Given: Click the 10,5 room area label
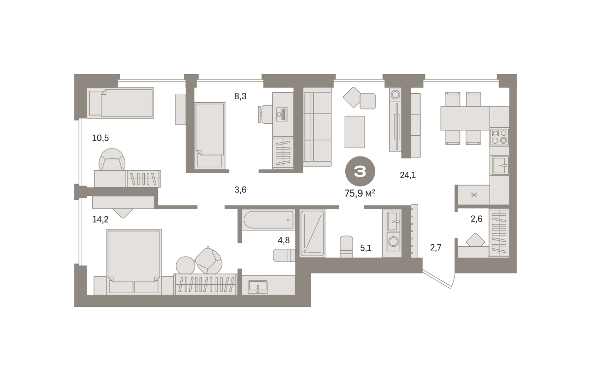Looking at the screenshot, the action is (100, 138).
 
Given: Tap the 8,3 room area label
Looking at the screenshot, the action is (240, 96).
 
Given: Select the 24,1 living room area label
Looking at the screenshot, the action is (408, 175).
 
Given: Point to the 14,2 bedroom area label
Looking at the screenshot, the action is (100, 219).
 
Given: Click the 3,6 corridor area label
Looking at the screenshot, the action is (240, 190).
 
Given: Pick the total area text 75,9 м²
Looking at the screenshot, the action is (360, 193).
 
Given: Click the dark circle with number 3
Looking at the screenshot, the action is (360, 171).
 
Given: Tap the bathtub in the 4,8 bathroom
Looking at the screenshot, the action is (268, 220).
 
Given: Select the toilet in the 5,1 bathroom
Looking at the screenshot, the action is (346, 246).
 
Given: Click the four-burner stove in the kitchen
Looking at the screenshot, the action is (499, 137).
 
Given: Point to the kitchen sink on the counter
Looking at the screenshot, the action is (499, 165).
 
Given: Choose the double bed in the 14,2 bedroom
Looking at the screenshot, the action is (134, 262).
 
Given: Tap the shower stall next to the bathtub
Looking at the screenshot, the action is (312, 233).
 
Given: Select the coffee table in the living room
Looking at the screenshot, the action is (355, 132).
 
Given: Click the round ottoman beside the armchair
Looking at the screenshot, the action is (185, 265).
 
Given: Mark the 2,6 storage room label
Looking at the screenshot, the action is (477, 219).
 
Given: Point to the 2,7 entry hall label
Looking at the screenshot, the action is (435, 248).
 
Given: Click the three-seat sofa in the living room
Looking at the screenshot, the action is (317, 127).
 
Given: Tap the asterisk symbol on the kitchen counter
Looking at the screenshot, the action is (474, 195).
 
